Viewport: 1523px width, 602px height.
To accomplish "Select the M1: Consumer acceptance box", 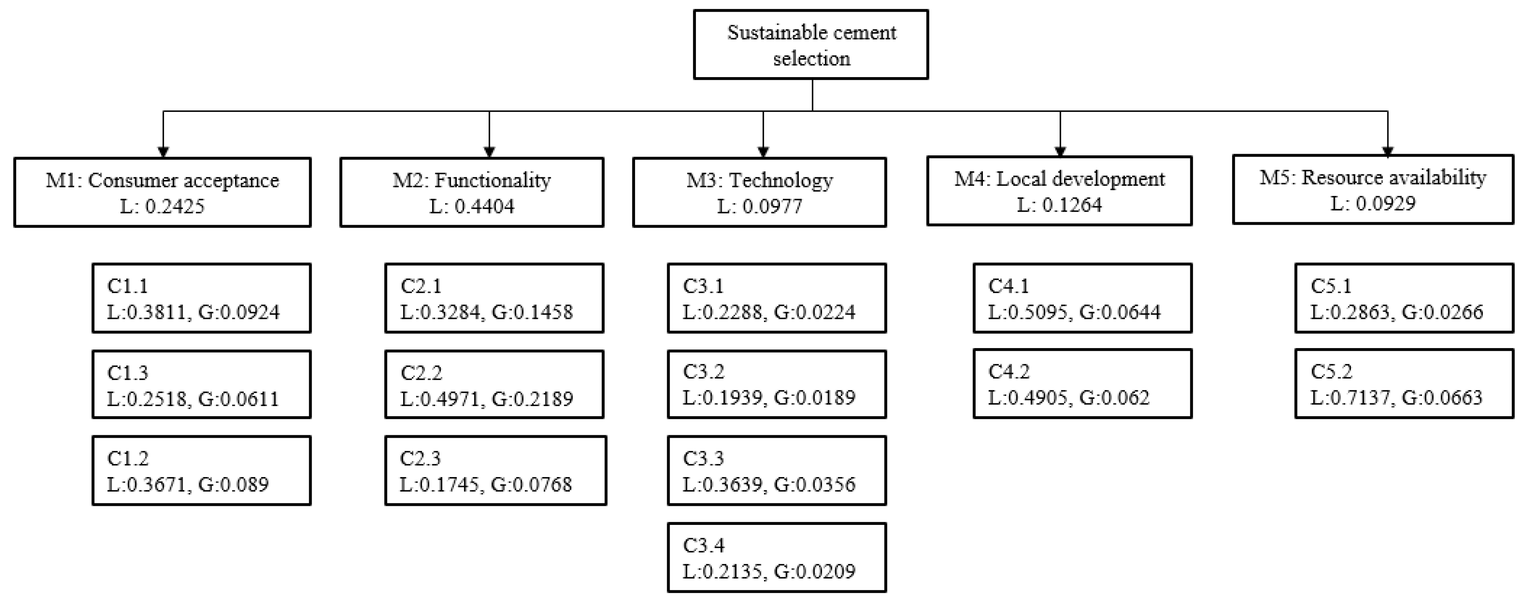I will [x=163, y=192].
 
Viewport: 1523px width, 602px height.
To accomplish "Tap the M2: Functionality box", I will [x=472, y=192].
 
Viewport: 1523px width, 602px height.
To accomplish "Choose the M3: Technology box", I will [x=759, y=192].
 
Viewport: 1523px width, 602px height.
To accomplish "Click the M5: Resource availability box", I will [x=1373, y=189].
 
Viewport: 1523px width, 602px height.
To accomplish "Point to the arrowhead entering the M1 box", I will [x=163, y=152].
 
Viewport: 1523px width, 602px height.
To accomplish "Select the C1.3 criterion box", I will [x=202, y=385].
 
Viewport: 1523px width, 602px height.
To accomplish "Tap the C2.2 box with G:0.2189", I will [x=494, y=385].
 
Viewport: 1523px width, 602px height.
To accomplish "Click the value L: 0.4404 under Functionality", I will [x=472, y=206].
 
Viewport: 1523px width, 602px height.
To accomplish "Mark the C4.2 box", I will [x=1083, y=384].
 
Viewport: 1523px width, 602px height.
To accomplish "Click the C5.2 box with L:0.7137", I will [x=1404, y=384].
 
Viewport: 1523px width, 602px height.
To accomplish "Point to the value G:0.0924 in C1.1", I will [x=239, y=312].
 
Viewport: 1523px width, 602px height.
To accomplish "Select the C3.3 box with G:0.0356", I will [x=777, y=471].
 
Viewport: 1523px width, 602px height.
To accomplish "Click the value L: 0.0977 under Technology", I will [x=760, y=206].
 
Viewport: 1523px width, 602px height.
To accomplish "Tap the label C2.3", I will [x=420, y=458].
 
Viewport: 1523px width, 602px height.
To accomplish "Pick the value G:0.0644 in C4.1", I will [x=1120, y=312].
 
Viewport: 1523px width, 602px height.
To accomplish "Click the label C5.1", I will [x=1331, y=286].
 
